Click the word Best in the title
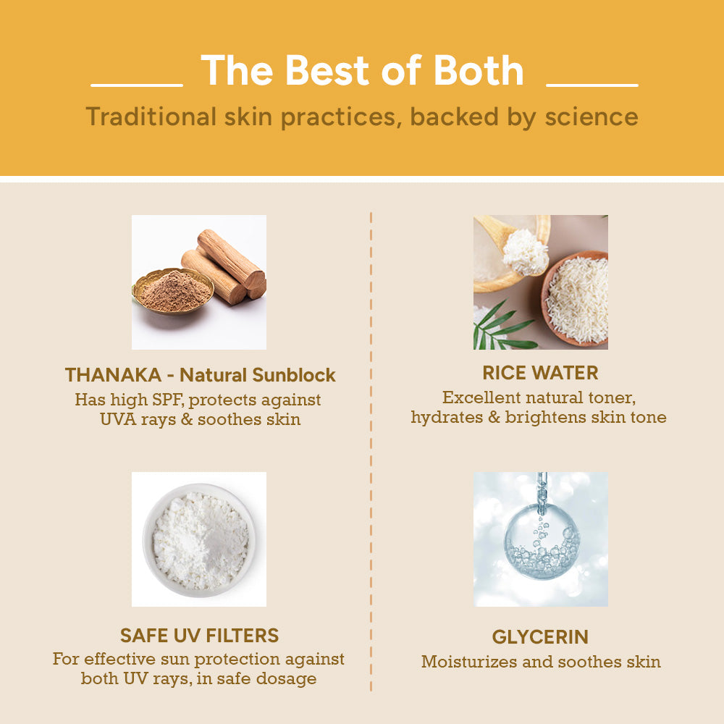click(x=328, y=70)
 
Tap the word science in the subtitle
click(x=592, y=117)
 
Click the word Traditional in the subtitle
click(x=151, y=117)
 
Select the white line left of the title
click(x=137, y=85)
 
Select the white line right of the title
click(x=592, y=85)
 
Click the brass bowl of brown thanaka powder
click(x=173, y=291)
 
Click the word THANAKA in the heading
click(x=113, y=375)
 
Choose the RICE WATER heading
click(x=540, y=373)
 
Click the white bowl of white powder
click(x=199, y=540)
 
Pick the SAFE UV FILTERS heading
click(x=200, y=636)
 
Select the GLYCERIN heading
click(x=540, y=636)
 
